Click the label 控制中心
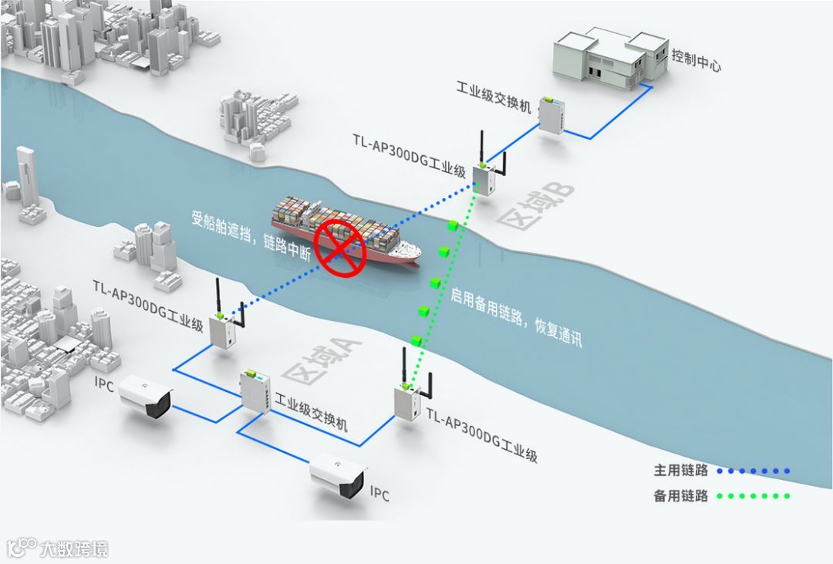pos(696,61)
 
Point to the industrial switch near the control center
pos(551,114)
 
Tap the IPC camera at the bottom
pos(337,475)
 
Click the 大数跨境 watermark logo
pos(59,549)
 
